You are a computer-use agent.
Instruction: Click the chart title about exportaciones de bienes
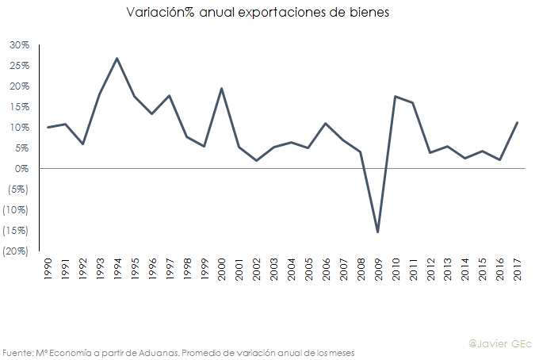pyautogui.click(x=258, y=13)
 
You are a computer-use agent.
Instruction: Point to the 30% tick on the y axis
pyautogui.click(x=19, y=45)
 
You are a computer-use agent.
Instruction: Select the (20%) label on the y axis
pyautogui.click(x=17, y=251)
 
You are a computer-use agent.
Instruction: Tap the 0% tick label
pyautogui.click(x=21, y=169)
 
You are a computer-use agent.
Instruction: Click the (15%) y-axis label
pyautogui.click(x=17, y=231)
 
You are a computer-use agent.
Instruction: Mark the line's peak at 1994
pyautogui.click(x=117, y=58)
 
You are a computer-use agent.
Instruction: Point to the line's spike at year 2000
pyautogui.click(x=221, y=88)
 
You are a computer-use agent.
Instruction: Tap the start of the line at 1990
pyautogui.click(x=48, y=127)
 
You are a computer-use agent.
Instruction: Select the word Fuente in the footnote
pyautogui.click(x=16, y=352)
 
